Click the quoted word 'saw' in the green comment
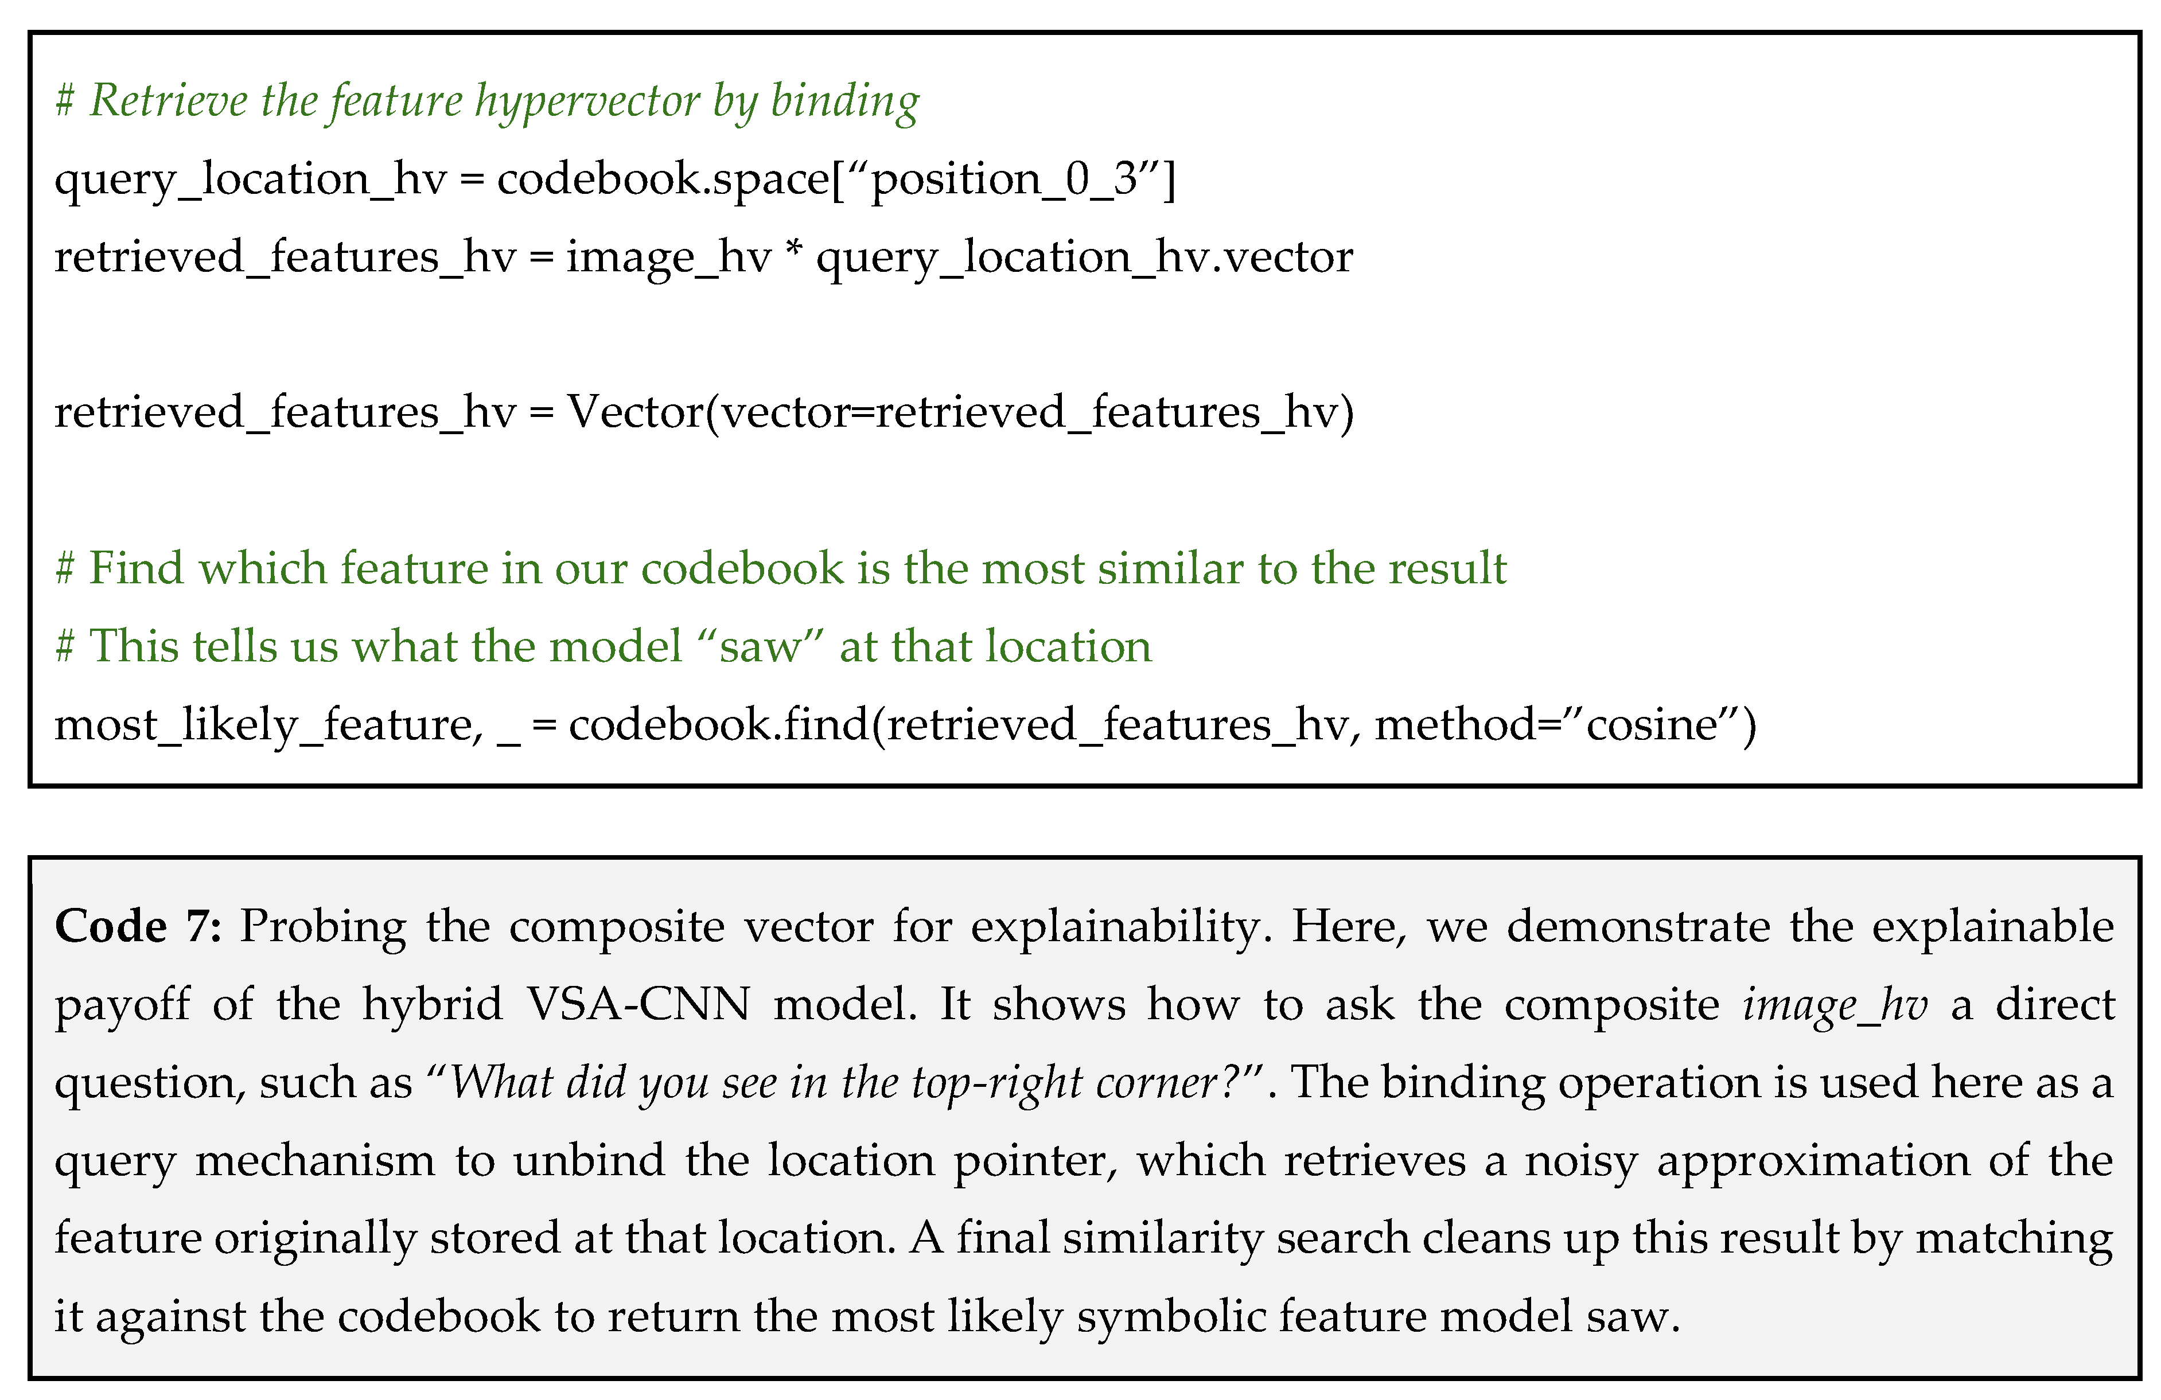761,646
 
